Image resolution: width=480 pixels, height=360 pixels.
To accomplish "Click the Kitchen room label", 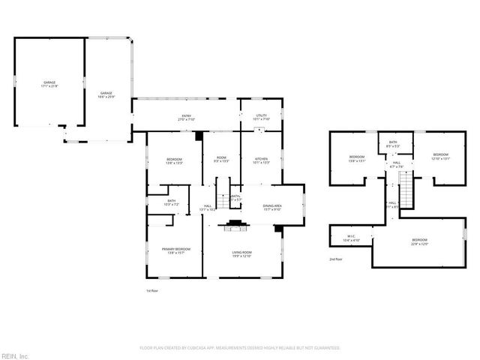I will (x=260, y=160).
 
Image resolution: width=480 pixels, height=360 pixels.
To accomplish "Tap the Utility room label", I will (x=260, y=118).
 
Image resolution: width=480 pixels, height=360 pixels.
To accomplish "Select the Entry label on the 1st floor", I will (x=185, y=118).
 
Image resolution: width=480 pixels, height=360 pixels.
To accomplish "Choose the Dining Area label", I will (x=271, y=208).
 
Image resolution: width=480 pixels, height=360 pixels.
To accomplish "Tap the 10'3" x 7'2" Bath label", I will (x=172, y=202).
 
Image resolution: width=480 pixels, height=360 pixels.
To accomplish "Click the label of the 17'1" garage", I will (x=49, y=85).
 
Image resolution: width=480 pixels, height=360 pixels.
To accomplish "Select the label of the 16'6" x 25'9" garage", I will (x=106, y=94).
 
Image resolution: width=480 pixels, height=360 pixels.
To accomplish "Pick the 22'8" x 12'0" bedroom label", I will (x=418, y=241).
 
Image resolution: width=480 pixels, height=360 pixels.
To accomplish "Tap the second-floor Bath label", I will (x=392, y=144).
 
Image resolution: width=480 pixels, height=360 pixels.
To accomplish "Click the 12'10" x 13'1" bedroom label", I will (x=439, y=156).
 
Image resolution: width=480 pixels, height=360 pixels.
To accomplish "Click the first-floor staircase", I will (x=223, y=192).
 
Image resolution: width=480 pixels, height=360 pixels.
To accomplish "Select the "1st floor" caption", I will (x=152, y=290).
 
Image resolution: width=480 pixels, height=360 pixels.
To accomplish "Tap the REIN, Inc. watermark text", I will (x=14, y=355).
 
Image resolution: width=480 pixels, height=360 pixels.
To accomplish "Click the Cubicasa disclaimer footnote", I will (x=240, y=348).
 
